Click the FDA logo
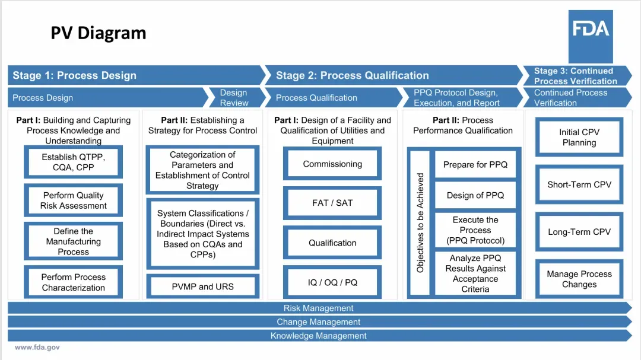tap(591, 28)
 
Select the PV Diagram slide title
tap(99, 33)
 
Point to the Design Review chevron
tap(233, 97)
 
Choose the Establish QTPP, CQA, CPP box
tap(73, 162)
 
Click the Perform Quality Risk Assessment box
tap(73, 200)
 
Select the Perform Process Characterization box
tap(73, 282)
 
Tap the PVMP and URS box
tap(202, 286)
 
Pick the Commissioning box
tap(332, 164)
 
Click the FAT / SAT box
tap(332, 203)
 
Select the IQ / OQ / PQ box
tap(332, 282)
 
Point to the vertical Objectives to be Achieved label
tap(420, 223)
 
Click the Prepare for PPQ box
tap(475, 164)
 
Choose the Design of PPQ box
tap(475, 195)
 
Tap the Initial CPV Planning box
tap(579, 138)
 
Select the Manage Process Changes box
tap(579, 279)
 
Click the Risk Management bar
tap(319, 308)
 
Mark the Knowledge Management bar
tap(319, 336)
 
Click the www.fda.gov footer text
tap(37, 348)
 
